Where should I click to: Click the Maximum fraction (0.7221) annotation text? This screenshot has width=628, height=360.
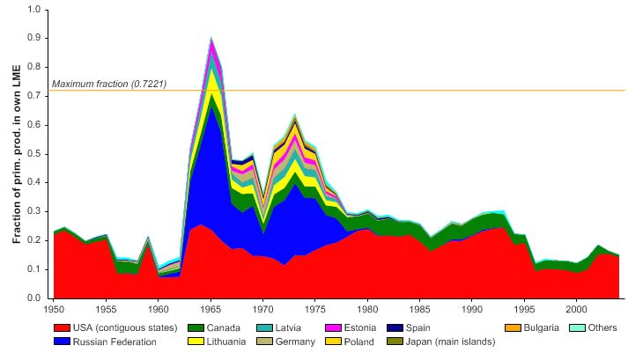tap(109, 84)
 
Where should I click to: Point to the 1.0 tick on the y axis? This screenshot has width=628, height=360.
tap(34, 10)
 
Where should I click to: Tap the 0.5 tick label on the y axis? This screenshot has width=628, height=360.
tap(34, 154)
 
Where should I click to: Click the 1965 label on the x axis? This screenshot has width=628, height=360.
tap(211, 309)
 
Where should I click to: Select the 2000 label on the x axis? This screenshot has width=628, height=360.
tap(577, 309)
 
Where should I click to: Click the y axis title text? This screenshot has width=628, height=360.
tap(16, 154)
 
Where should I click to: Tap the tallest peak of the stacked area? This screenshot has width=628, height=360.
tap(211, 39)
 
